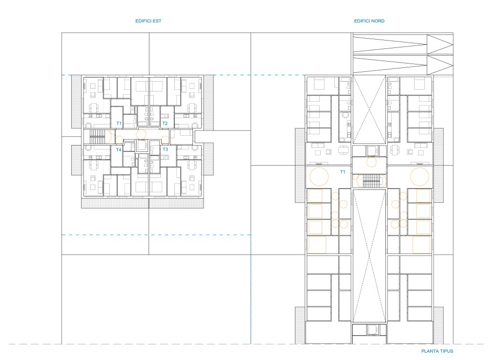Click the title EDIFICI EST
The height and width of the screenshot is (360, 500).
(148, 21)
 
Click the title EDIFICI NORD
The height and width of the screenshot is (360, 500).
(369, 21)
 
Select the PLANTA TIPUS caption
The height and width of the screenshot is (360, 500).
(437, 351)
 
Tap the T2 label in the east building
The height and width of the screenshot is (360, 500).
(165, 124)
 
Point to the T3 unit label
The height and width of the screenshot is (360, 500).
(165, 149)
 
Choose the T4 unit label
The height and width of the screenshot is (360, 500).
(119, 150)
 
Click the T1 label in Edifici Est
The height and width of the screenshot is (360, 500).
(119, 124)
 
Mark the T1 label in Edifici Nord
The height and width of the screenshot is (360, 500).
(342, 172)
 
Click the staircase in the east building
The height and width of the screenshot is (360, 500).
(97, 137)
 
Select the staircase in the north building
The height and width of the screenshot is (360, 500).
(371, 181)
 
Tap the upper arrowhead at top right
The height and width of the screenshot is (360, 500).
(440, 44)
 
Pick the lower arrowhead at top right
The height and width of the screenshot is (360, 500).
(440, 65)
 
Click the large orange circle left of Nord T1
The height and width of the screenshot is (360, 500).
(319, 177)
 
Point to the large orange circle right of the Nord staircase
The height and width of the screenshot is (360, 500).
(419, 177)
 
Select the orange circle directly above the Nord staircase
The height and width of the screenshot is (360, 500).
(371, 162)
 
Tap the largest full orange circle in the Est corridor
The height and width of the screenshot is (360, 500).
(141, 134)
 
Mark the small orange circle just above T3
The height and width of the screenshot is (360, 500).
(165, 140)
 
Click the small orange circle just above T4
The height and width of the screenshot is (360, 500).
(119, 140)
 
